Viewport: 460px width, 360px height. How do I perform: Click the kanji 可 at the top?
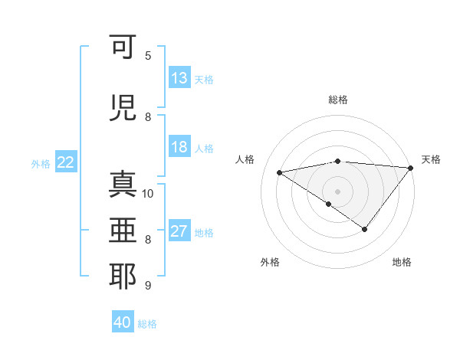point(123,47)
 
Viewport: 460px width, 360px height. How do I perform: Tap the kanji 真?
point(123,187)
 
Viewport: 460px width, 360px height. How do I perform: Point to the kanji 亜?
point(123,231)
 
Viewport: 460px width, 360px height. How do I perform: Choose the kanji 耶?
point(123,277)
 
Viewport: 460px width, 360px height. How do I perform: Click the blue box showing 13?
point(179,78)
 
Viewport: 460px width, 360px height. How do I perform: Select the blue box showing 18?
point(179,148)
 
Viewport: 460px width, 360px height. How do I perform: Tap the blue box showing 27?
point(179,231)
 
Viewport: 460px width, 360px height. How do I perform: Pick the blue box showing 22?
point(66,162)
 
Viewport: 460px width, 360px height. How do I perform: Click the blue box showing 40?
point(123,322)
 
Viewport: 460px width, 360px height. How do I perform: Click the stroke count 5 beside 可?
point(148,55)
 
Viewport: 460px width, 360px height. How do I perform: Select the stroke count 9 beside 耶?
point(148,286)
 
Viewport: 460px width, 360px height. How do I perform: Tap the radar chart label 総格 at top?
point(338,100)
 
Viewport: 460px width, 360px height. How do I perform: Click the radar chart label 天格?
point(431,159)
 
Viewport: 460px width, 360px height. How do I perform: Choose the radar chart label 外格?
point(270,263)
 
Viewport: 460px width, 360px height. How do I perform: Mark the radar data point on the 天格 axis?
point(411,167)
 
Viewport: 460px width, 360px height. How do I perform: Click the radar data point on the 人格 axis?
point(279,172)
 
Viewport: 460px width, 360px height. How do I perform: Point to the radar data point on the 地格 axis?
point(365,229)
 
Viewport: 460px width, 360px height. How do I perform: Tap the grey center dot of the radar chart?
point(337,191)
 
